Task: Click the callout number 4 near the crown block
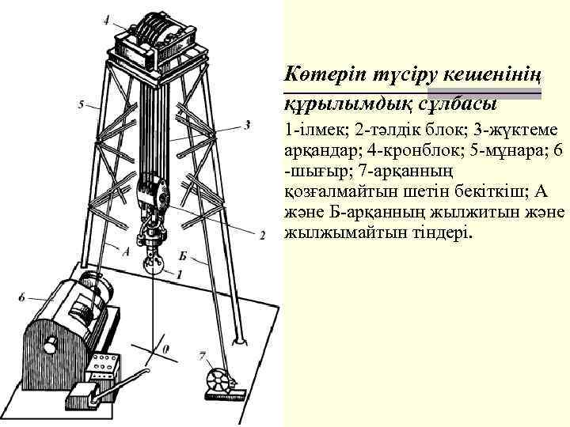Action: pyautogui.click(x=106, y=19)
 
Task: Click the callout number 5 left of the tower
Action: pyautogui.click(x=80, y=104)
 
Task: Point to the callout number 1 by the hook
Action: pyautogui.click(x=179, y=274)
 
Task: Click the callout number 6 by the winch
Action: pyautogui.click(x=21, y=298)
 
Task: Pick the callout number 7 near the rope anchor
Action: pyautogui.click(x=203, y=355)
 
